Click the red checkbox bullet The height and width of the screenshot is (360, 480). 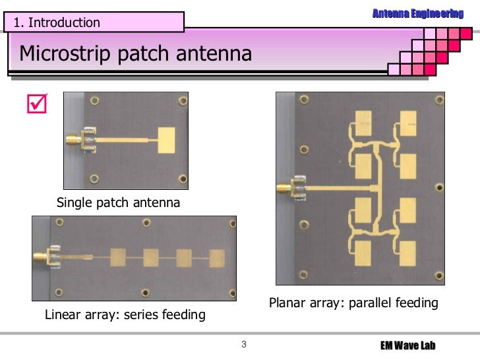pos(37,104)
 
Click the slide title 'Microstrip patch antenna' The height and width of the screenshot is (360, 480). pos(136,54)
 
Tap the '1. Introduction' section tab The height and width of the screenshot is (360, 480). pos(57,22)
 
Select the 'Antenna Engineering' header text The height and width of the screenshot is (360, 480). pos(418,14)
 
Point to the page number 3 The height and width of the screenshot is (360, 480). pos(244,345)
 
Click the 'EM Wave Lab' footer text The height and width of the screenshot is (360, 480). pos(408,346)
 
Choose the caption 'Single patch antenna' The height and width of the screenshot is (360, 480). pos(118,202)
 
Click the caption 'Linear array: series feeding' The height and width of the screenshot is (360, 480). pos(125,315)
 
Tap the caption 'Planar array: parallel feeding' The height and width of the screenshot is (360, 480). pos(353,303)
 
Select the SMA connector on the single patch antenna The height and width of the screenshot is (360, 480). pos(78,140)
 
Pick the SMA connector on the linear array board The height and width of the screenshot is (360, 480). pos(45,257)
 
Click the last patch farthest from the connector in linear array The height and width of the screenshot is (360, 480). pos(217,256)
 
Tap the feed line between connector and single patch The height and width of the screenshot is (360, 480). pos(125,140)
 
